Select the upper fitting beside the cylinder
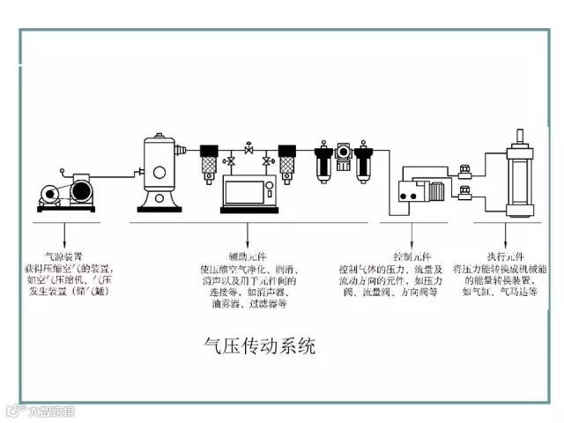474,165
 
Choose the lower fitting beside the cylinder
474,189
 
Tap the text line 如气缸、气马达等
503,291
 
